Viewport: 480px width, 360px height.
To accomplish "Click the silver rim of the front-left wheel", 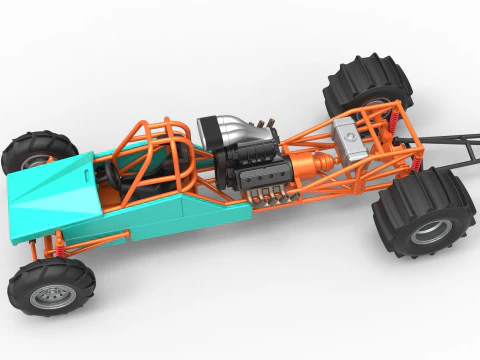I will pos(47,296).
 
